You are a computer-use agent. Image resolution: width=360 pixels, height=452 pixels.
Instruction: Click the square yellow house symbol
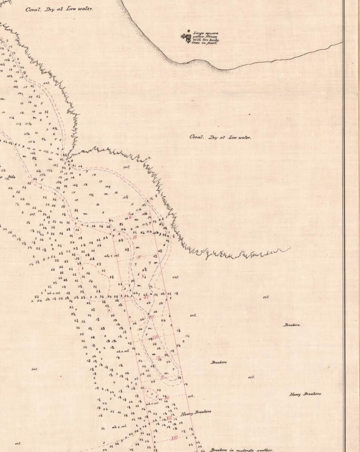pyautogui.click(x=188, y=37)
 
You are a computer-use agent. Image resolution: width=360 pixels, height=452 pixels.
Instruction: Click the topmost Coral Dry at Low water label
pyautogui.click(x=59, y=9)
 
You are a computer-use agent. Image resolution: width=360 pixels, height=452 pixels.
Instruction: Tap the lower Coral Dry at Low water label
pyautogui.click(x=220, y=137)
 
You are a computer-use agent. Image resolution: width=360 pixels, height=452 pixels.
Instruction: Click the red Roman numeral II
pyautogui.click(x=130, y=217)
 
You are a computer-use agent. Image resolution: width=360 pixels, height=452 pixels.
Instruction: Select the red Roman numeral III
pyautogui.click(x=135, y=237)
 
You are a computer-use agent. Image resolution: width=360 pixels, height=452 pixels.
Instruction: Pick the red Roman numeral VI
pyautogui.click(x=146, y=297)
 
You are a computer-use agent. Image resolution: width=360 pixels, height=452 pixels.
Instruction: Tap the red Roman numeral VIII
pyautogui.click(x=156, y=337)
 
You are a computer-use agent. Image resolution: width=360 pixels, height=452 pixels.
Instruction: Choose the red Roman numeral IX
pyautogui.click(x=159, y=357)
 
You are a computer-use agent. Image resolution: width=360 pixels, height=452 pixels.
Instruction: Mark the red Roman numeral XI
pyautogui.click(x=167, y=397)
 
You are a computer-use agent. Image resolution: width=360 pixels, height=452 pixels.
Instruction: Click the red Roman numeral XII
pyautogui.click(x=169, y=418)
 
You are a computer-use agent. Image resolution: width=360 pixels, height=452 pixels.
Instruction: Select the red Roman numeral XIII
pyautogui.click(x=174, y=438)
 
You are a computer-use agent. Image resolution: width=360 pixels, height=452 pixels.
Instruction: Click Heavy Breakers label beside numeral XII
pyautogui.click(x=195, y=413)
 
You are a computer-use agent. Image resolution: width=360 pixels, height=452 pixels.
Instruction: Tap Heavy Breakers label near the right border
pyautogui.click(x=305, y=394)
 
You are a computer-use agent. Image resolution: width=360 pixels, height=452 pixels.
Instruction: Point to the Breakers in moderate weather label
pyautogui.click(x=241, y=450)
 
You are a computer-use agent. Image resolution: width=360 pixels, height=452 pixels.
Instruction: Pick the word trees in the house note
pyautogui.click(x=198, y=43)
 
